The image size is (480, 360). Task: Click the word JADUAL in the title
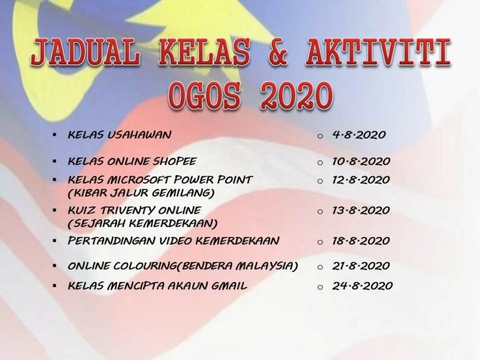tap(86, 52)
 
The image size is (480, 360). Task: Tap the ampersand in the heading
tap(278, 52)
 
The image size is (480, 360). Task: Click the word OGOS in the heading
tap(204, 96)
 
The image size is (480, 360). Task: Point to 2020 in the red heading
tap(296, 96)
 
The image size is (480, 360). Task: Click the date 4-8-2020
tap(359, 135)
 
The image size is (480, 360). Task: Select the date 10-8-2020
tap(361, 161)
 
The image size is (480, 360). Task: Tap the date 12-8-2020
tap(361, 180)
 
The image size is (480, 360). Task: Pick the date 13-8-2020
tap(361, 210)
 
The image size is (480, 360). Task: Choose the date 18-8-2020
tap(361, 241)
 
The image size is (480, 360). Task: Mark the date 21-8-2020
tap(361, 266)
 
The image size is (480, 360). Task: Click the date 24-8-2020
tap(362, 286)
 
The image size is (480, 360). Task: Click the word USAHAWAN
tap(139, 135)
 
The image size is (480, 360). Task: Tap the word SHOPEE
tap(174, 161)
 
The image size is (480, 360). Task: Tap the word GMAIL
tap(229, 286)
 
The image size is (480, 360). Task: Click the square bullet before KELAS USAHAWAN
tap(54, 134)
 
